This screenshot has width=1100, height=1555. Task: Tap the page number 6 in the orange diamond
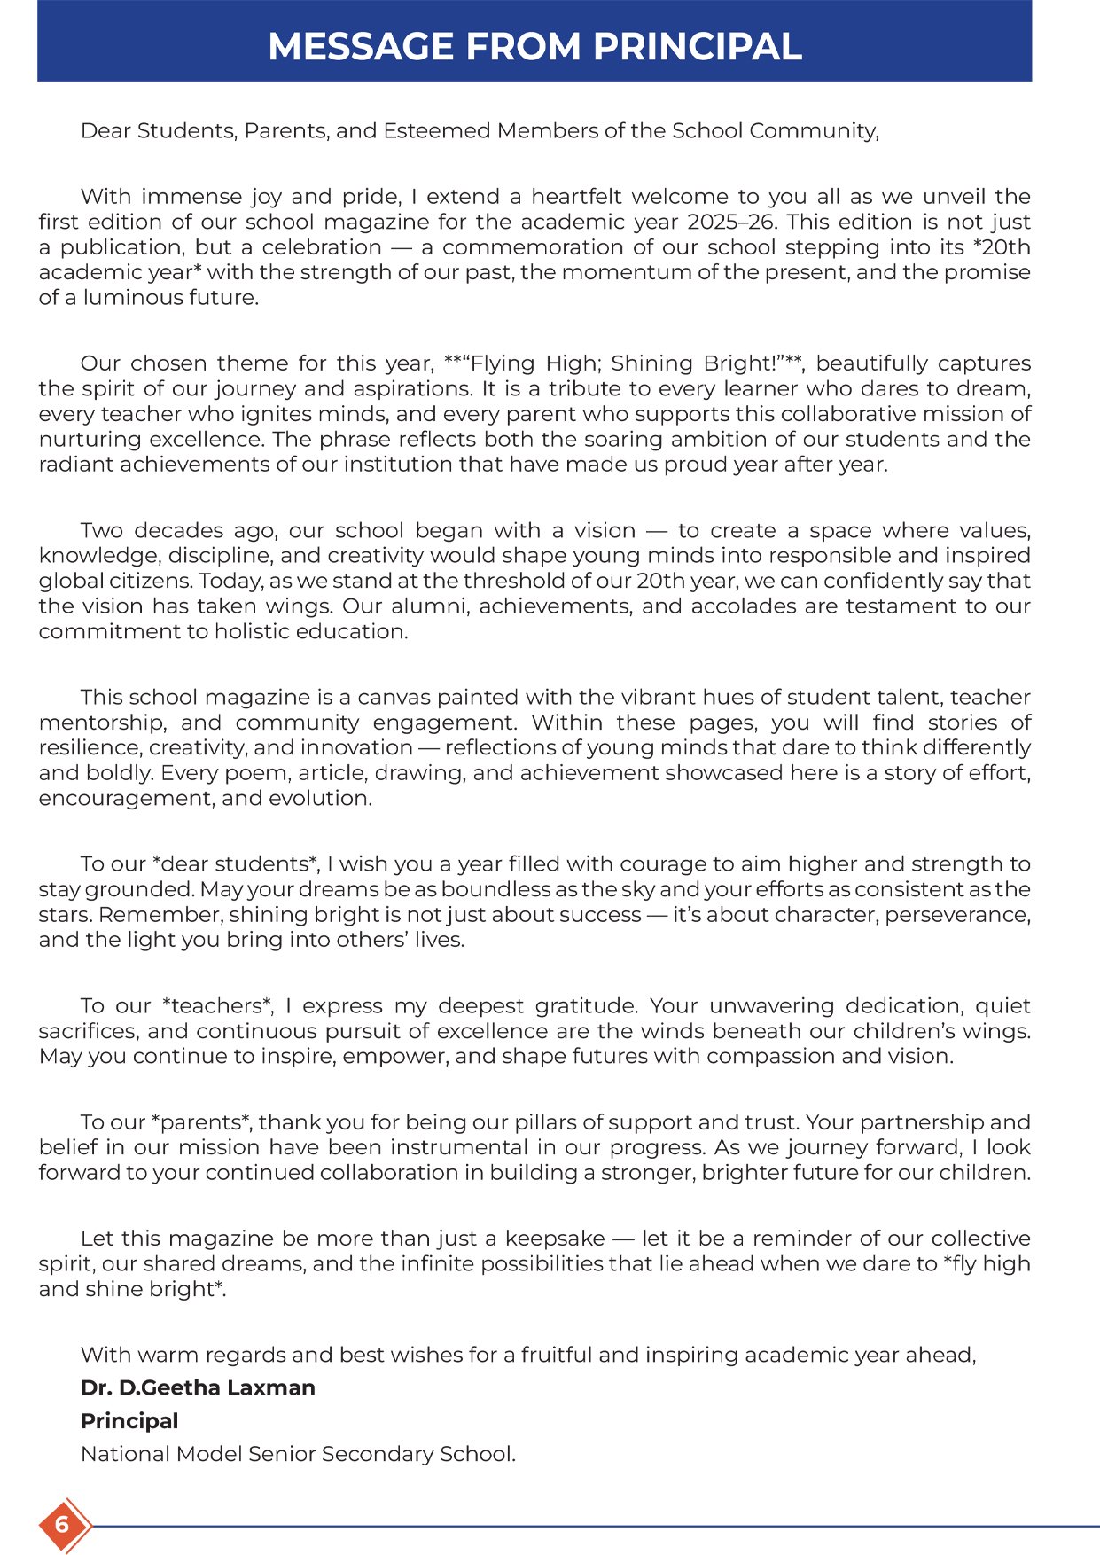coord(62,1525)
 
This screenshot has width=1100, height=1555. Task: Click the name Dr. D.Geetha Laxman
coord(198,1387)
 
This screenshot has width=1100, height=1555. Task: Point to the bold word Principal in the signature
coord(129,1421)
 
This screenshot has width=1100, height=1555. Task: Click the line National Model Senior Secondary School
coord(298,1454)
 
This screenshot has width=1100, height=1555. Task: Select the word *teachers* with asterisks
coord(218,1006)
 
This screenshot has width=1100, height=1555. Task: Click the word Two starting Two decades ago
coord(102,531)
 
